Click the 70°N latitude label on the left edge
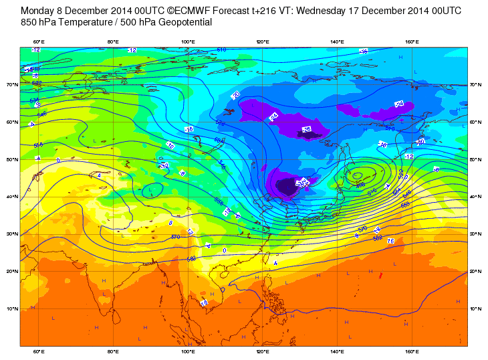click(x=12, y=85)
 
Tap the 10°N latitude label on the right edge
click(x=476, y=308)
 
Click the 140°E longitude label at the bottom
click(x=338, y=351)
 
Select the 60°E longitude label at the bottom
click(x=39, y=351)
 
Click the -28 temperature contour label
click(x=308, y=128)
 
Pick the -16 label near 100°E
click(x=189, y=129)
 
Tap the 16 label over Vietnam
click(x=204, y=302)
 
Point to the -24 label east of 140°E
click(x=400, y=104)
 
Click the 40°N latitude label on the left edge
click(x=12, y=197)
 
